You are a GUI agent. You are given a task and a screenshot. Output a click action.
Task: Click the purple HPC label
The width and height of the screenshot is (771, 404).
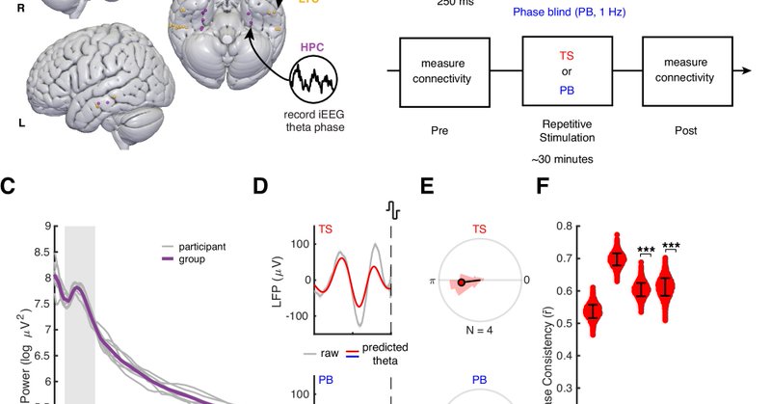pyautogui.click(x=312, y=45)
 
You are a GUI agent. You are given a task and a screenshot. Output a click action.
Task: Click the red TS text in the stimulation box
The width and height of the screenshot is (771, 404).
pyautogui.click(x=567, y=56)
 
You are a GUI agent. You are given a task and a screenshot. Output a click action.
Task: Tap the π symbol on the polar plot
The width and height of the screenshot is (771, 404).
pyautogui.click(x=432, y=281)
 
